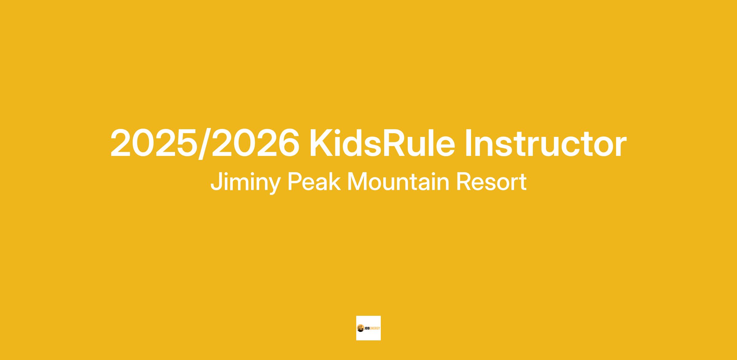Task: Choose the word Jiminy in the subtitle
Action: click(x=245, y=182)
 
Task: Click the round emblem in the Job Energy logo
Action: click(x=360, y=328)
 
